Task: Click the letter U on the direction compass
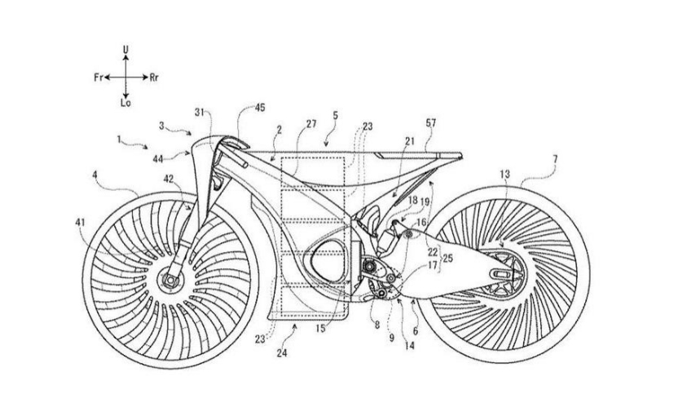(x=125, y=51)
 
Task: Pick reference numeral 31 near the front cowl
(x=200, y=112)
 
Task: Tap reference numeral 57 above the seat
(x=430, y=123)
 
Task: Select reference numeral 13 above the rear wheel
(x=504, y=175)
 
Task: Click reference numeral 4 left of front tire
(x=96, y=174)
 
